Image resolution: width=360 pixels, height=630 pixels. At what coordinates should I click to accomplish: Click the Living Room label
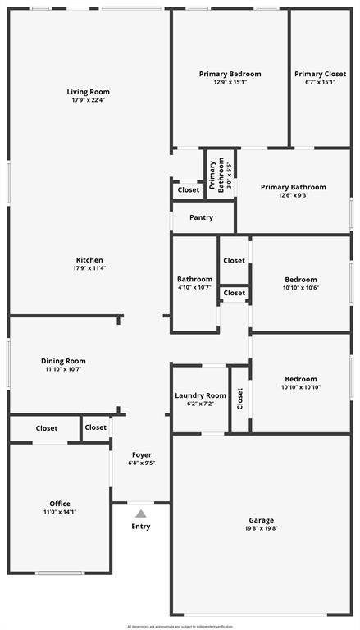[x=88, y=92]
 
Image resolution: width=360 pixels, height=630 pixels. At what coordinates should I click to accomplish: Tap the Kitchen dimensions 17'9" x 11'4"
[x=88, y=268]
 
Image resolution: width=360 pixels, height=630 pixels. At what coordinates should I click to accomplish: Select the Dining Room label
[x=63, y=361]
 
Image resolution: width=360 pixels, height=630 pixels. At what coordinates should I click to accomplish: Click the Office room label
[x=59, y=504]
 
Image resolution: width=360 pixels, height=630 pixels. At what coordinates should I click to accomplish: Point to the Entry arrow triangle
[x=141, y=514]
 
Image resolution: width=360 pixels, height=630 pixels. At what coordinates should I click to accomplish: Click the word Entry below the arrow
[x=141, y=527]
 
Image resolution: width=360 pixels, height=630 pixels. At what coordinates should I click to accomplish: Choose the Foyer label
[x=142, y=454]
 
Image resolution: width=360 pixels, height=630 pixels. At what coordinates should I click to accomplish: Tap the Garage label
[x=262, y=520]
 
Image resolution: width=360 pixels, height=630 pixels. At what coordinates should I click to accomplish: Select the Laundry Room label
[x=200, y=395]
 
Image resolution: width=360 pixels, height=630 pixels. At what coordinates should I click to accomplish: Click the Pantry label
[x=201, y=217]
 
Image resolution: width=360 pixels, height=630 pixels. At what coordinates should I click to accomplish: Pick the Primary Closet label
[x=320, y=74]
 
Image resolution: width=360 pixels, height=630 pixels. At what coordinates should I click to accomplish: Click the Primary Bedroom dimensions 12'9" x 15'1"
[x=230, y=82]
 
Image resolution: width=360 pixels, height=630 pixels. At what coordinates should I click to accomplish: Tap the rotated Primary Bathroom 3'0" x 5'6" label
[x=220, y=175]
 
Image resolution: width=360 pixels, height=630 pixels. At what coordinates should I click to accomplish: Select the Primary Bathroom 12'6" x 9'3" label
[x=293, y=187]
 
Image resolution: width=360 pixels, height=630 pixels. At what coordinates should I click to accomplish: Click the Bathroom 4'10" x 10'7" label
[x=194, y=279]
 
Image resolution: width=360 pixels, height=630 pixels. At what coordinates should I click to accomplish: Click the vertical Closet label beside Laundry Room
[x=240, y=399]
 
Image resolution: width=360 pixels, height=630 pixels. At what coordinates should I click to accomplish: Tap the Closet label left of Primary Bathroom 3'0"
[x=188, y=190]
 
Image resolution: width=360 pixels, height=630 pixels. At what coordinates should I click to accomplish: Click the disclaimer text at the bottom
[x=180, y=626]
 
